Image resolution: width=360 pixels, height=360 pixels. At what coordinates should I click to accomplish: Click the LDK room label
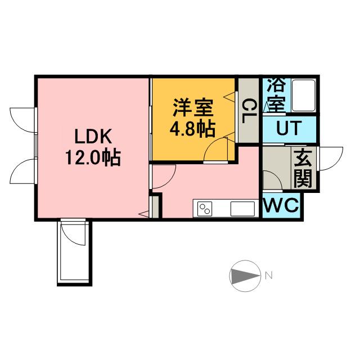pyautogui.click(x=94, y=137)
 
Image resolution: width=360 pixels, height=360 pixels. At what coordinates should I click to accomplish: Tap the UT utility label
pyautogui.click(x=288, y=129)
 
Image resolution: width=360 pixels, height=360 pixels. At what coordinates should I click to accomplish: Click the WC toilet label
pyautogui.click(x=281, y=206)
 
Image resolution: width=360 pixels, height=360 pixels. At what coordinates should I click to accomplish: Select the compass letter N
pyautogui.click(x=269, y=276)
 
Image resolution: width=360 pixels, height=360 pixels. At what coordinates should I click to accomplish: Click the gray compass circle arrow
pyautogui.click(x=244, y=276)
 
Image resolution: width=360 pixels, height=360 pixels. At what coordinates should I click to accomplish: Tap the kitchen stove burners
pyautogui.click(x=205, y=208)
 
